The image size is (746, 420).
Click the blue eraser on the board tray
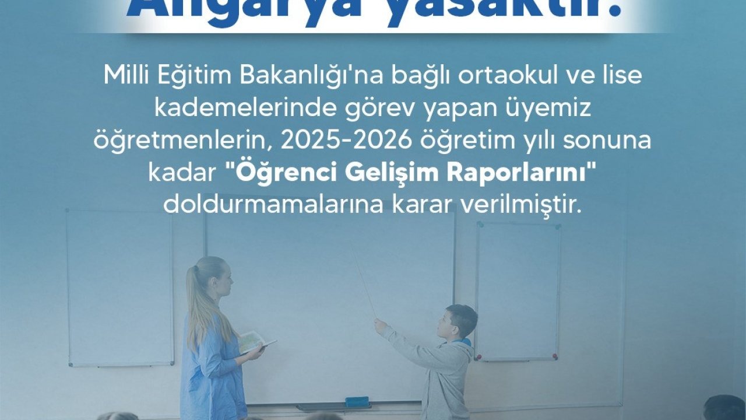pyautogui.click(x=357, y=402)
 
